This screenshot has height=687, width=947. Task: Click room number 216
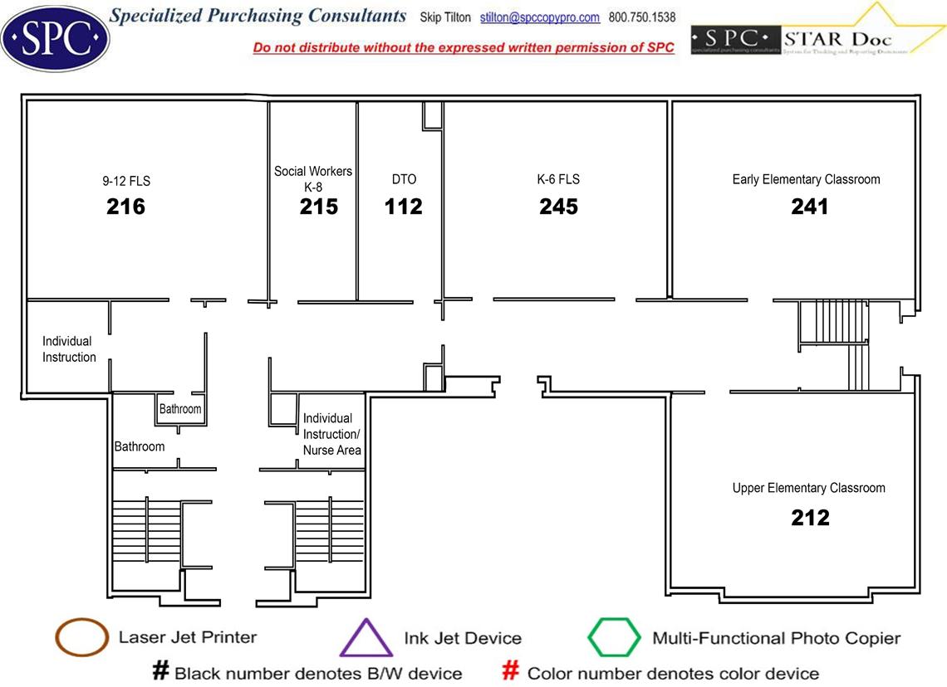click(125, 207)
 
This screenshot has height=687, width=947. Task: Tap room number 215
click(319, 207)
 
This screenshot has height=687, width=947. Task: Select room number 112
click(404, 207)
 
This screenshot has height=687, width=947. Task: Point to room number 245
click(558, 207)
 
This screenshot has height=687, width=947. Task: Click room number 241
click(809, 207)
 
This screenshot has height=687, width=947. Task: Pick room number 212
click(810, 519)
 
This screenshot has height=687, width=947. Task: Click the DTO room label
click(404, 179)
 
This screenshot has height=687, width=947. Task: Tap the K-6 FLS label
click(558, 179)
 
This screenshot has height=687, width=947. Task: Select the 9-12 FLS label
click(126, 180)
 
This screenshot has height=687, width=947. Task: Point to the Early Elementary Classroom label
click(806, 179)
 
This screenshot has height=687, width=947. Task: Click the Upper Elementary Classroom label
click(808, 488)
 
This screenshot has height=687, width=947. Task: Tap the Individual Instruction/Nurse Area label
click(331, 434)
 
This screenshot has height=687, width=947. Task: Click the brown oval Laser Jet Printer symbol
click(81, 638)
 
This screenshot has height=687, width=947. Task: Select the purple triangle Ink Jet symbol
click(366, 639)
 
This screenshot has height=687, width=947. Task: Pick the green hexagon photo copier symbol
click(614, 638)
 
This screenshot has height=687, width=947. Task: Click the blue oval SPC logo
click(55, 37)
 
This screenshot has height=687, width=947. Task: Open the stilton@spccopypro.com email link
click(540, 17)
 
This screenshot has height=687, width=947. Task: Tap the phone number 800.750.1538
click(642, 17)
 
